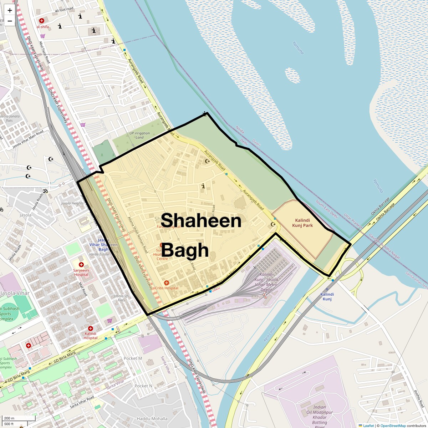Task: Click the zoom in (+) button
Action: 10,11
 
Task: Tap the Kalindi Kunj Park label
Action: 302,223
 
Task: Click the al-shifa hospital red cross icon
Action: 42,21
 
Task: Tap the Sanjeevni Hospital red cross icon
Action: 81,265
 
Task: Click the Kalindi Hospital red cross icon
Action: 90,328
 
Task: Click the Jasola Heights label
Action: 72,203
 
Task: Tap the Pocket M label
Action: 133,358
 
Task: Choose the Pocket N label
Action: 143,386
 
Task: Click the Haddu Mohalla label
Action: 152,419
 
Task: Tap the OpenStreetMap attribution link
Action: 393,426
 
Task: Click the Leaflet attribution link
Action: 368,426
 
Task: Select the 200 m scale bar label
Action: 10,418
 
